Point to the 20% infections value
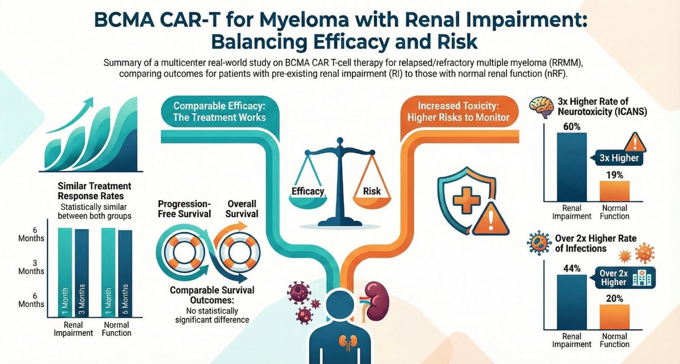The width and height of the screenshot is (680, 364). [x=614, y=299]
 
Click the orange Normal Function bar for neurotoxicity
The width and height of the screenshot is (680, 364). [x=614, y=191]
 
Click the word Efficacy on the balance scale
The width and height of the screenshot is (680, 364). [x=308, y=192]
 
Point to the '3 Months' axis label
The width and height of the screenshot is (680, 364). [x=27, y=267]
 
